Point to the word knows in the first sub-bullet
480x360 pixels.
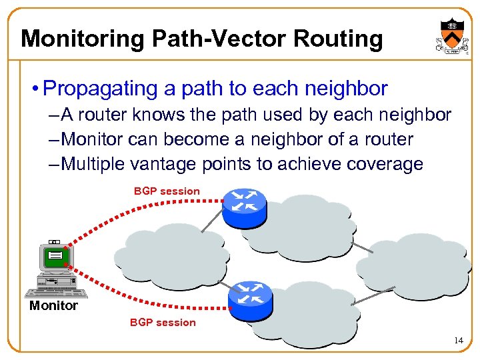(160, 115)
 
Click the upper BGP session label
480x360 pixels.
(167, 191)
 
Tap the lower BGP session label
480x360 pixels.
(163, 323)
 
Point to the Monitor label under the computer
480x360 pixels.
(53, 306)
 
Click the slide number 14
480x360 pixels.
(457, 341)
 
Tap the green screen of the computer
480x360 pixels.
(55, 255)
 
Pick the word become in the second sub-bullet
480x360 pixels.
(189, 140)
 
